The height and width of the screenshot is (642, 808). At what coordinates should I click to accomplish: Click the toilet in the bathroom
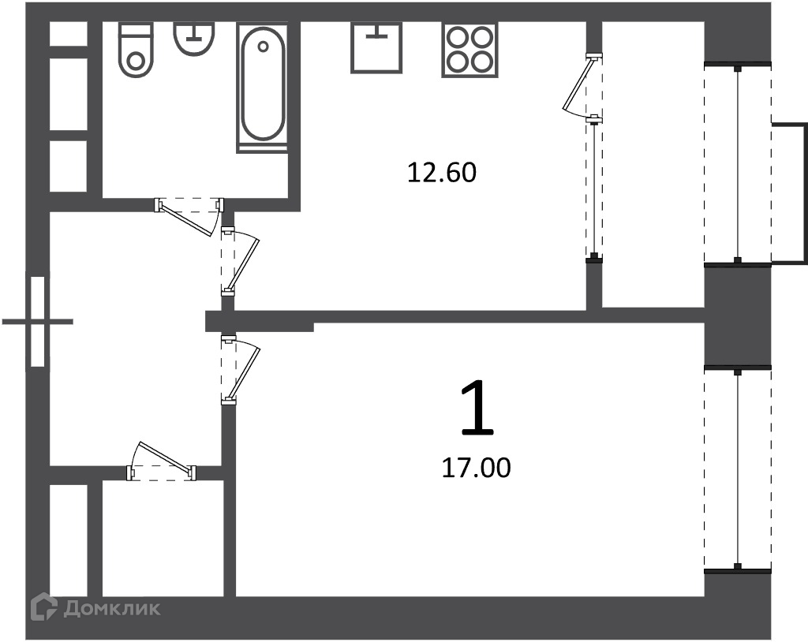coord(136,50)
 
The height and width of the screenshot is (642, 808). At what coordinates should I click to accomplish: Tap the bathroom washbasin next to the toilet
coord(194,39)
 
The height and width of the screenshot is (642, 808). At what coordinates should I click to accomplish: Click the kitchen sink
coord(376,47)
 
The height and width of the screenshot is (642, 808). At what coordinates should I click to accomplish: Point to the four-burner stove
coord(469,50)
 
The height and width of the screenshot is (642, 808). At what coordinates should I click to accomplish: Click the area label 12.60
coord(442,173)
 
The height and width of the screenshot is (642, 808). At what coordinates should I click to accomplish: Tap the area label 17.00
coord(476,468)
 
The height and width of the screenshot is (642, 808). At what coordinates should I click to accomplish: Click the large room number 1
coord(477,407)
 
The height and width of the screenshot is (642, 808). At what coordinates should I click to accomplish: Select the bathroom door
coord(189,216)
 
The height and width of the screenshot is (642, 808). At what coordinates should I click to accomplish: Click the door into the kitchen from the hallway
coord(240,263)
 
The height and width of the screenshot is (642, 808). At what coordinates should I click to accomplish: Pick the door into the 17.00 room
coord(240,369)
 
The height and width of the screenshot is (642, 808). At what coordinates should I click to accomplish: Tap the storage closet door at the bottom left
coord(162,461)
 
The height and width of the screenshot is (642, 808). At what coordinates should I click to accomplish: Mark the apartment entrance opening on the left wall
coord(38,322)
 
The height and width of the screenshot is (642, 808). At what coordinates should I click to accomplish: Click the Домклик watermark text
coord(112,609)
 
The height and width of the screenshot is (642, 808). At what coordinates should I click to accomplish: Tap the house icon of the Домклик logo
coord(43,607)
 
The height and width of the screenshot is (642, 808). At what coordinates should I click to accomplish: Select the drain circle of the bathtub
coord(264,47)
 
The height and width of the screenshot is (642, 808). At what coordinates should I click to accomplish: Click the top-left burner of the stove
coord(458,39)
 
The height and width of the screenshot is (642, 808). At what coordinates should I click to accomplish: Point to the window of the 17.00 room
coord(738,470)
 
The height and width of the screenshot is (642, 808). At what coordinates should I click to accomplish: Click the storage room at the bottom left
coord(163,539)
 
